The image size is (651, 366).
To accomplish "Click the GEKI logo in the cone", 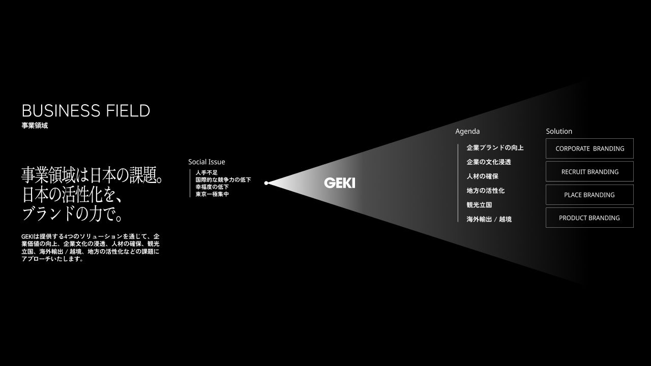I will [x=339, y=183].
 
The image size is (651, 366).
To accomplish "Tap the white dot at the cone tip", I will [x=266, y=183].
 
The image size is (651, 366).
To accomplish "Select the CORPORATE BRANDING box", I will [x=589, y=148].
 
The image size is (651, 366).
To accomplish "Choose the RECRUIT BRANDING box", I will [x=589, y=172].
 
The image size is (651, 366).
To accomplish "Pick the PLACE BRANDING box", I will [x=589, y=195].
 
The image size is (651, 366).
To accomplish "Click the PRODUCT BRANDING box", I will [x=589, y=218].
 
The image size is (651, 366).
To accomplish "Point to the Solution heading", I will [x=559, y=131].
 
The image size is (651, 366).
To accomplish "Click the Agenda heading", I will [x=467, y=131].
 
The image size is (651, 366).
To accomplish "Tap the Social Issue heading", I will [x=206, y=162].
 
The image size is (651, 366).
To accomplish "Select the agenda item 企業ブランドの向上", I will [x=495, y=148].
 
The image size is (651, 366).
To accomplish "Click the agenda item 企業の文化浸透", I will [x=489, y=162].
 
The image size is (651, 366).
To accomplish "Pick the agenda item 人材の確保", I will [x=482, y=176].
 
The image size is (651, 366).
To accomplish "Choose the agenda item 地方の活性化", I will [x=486, y=191].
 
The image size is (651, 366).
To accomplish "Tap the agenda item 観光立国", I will [x=479, y=205].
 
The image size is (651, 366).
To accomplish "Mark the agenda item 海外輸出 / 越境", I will [x=489, y=219].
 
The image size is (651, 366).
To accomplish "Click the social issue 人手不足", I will [x=206, y=173].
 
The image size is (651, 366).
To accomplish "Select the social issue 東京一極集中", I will [x=212, y=194].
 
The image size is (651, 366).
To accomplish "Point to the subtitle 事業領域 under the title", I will [x=35, y=126].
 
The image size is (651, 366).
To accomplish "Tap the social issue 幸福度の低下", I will [x=212, y=187].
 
